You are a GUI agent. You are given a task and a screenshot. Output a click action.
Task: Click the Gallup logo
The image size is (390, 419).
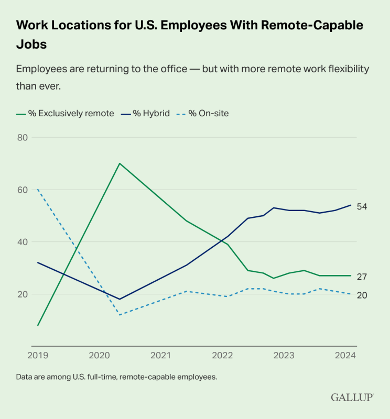(x=352, y=398)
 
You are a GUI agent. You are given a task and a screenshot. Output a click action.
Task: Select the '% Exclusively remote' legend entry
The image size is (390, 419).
(x=65, y=113)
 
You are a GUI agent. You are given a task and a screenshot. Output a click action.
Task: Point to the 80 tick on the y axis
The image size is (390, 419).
(x=22, y=137)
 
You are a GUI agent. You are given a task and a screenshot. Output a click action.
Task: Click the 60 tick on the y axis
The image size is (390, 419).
(x=22, y=190)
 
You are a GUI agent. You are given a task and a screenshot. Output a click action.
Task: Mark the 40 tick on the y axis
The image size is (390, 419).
(x=22, y=242)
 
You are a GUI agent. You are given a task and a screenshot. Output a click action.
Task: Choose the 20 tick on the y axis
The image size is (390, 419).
(x=22, y=294)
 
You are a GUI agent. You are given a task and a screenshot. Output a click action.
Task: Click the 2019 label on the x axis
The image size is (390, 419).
(x=38, y=356)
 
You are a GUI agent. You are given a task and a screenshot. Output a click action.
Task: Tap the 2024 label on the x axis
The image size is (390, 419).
(x=345, y=356)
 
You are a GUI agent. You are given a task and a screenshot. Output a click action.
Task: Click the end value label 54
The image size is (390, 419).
(x=362, y=206)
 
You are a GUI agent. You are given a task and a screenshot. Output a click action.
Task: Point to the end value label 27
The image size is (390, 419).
(x=362, y=277)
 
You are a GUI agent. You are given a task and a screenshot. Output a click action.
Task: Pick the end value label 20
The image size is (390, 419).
(x=362, y=295)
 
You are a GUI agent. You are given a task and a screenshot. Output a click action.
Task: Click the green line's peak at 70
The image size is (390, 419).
(x=120, y=163)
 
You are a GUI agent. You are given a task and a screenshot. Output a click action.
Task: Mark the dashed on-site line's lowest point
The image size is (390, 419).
(x=120, y=315)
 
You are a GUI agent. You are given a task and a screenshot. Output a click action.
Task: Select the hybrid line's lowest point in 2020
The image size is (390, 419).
(x=120, y=299)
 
